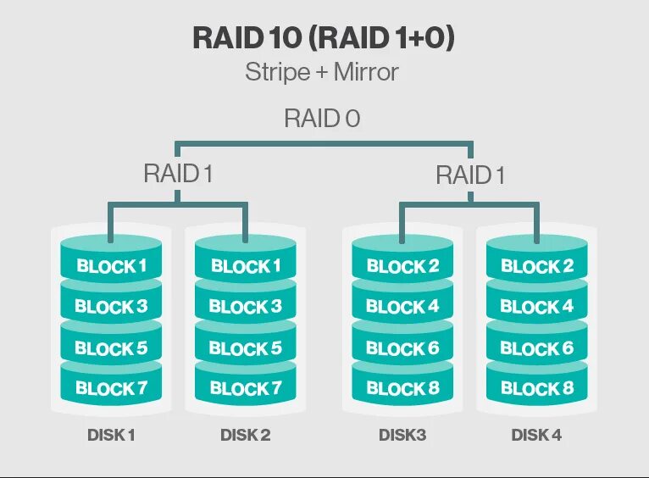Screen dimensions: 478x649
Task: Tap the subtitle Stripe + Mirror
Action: click(x=322, y=72)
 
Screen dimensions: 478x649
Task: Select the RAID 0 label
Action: click(x=322, y=119)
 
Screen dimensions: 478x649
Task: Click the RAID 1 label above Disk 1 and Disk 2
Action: click(x=178, y=175)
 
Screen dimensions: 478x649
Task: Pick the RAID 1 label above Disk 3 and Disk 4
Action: click(x=469, y=175)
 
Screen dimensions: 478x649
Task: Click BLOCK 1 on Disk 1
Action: click(x=111, y=266)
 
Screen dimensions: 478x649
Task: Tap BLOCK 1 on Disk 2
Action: click(x=246, y=266)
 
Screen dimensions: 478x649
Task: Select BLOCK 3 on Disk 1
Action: click(x=111, y=307)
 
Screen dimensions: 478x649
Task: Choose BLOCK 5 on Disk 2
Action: click(x=246, y=348)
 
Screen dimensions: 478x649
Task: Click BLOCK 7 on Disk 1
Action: click(x=111, y=389)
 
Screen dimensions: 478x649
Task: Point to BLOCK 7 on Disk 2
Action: click(x=246, y=389)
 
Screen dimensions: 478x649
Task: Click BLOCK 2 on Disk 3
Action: click(x=402, y=266)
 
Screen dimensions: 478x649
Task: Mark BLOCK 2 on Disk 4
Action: click(x=537, y=266)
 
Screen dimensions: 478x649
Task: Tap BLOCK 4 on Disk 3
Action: click(x=402, y=307)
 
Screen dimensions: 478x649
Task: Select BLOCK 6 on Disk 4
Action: click(x=537, y=348)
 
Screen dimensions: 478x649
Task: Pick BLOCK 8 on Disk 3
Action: click(x=402, y=389)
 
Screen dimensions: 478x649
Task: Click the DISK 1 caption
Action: click(x=111, y=436)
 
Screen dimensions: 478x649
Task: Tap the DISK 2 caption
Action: click(x=246, y=436)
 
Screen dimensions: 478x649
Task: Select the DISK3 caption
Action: click(x=402, y=436)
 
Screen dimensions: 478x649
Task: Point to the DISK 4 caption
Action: click(x=537, y=436)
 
